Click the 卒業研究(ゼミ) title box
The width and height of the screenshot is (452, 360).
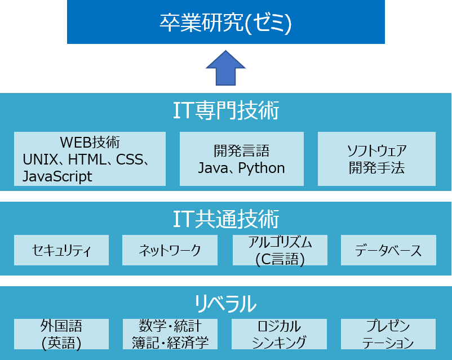[225, 23]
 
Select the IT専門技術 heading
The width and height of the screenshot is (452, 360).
[225, 111]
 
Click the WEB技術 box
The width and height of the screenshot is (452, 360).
[90, 158]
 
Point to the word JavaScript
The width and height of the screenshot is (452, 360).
[57, 176]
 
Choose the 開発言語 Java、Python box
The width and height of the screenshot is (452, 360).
[241, 158]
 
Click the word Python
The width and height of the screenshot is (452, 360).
[261, 167]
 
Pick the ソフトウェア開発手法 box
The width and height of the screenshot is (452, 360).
[376, 158]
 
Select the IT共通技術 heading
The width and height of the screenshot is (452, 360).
[225, 218]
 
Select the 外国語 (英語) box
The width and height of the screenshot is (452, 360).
[61, 334]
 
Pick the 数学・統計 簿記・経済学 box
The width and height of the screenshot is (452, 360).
[170, 334]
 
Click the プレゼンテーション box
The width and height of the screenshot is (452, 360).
[388, 334]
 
